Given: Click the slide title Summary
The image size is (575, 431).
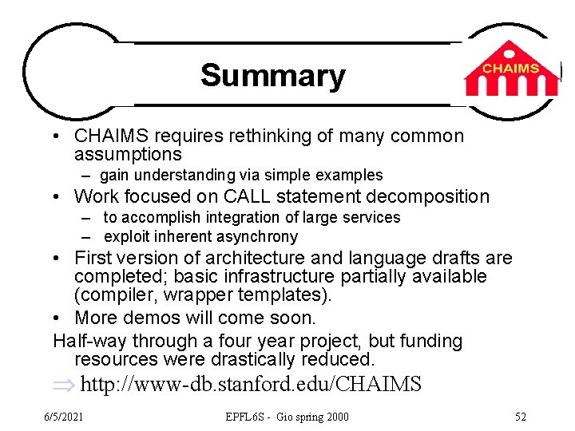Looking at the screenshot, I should click(x=273, y=76).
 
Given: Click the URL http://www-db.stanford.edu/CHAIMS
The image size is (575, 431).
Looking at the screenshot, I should click(x=251, y=385).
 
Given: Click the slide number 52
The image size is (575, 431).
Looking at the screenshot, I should click(x=521, y=417).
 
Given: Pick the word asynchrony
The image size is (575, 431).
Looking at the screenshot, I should click(x=256, y=237).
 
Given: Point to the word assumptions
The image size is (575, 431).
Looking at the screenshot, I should click(x=128, y=154).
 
